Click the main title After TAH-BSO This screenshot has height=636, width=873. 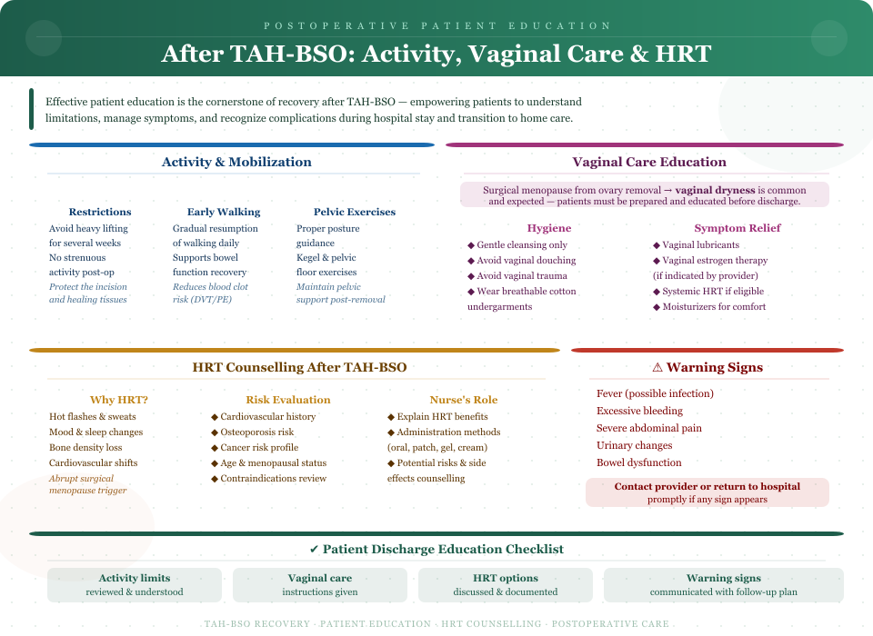(436, 54)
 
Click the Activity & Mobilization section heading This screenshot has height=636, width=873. (236, 163)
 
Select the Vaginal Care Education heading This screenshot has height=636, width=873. (649, 163)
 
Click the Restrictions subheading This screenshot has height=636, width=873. (100, 212)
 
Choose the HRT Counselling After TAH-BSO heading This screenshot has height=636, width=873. (300, 368)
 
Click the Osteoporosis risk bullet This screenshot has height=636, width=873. (256, 432)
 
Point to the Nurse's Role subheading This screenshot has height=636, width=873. (464, 400)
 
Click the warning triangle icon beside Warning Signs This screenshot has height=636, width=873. (657, 368)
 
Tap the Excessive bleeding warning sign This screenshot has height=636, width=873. (640, 411)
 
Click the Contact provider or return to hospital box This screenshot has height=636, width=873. (707, 492)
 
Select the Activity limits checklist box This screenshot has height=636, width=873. (135, 584)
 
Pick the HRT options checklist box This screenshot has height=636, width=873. (506, 584)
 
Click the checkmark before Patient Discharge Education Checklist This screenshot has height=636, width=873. (314, 550)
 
